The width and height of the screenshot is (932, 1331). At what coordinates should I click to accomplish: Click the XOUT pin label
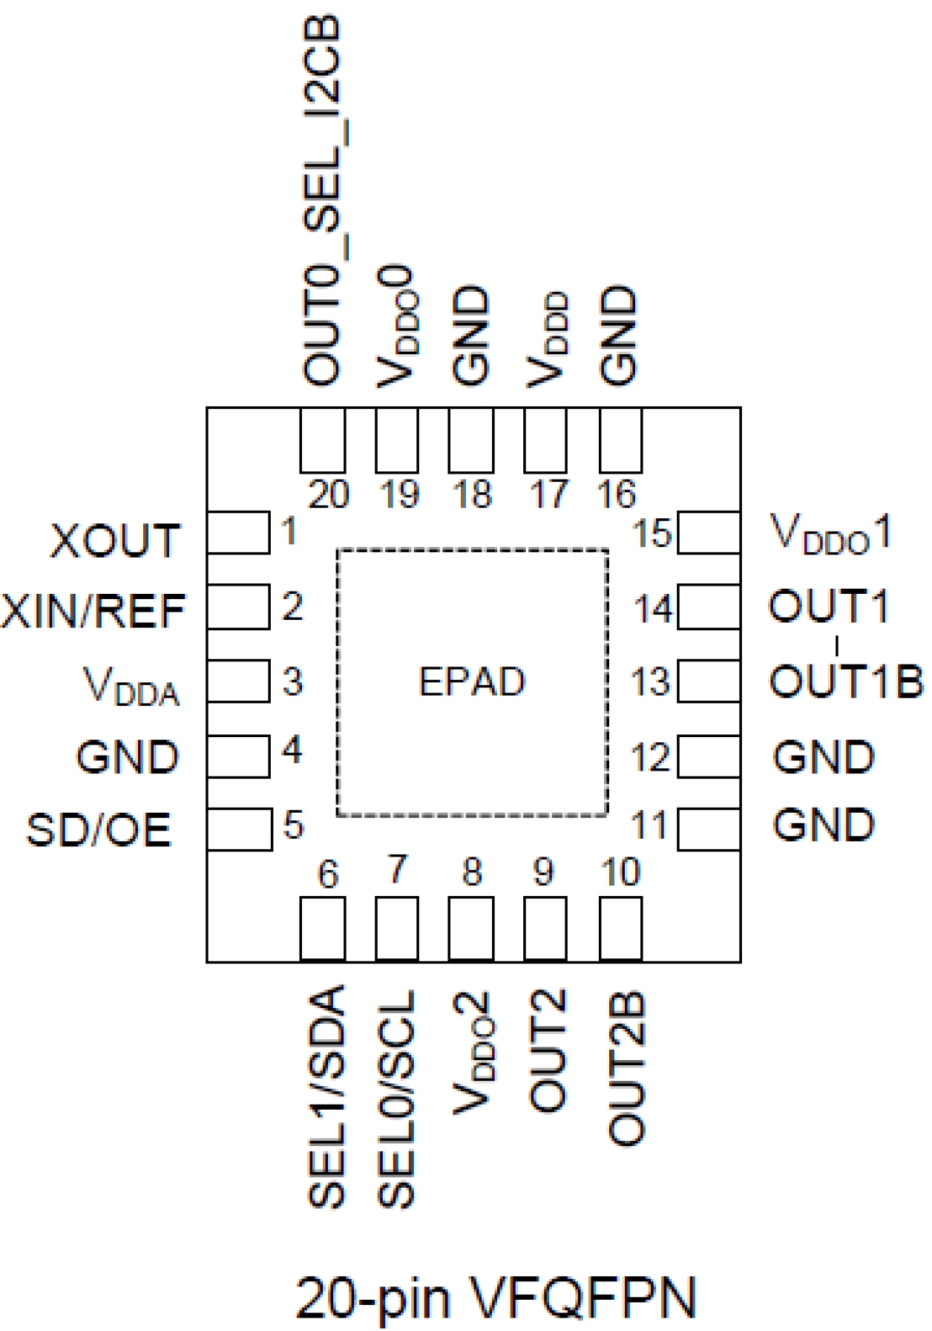click(x=115, y=540)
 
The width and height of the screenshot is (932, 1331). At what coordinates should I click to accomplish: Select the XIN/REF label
click(x=93, y=611)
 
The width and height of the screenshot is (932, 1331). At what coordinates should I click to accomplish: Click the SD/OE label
click(x=99, y=830)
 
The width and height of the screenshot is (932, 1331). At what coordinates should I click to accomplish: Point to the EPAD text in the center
click(x=472, y=681)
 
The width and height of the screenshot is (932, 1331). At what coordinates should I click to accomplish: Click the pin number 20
click(x=328, y=494)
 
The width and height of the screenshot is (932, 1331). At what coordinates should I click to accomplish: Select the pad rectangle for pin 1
click(x=238, y=532)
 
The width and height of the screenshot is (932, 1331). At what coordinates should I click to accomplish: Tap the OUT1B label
click(x=846, y=681)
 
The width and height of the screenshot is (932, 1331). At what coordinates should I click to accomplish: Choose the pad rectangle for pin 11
click(x=709, y=829)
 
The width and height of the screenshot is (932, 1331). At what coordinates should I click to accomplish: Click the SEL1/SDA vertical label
click(x=326, y=1097)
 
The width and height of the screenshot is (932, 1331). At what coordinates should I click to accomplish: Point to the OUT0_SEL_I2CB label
click(x=324, y=200)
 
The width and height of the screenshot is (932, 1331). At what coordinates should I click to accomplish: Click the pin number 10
click(x=620, y=872)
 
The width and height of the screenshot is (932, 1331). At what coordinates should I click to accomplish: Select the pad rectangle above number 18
click(x=471, y=440)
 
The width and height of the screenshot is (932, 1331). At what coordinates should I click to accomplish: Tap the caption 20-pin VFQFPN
click(x=496, y=1298)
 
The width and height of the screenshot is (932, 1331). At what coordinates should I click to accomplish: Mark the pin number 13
click(x=651, y=681)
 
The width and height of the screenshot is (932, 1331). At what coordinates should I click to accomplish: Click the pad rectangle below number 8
click(x=471, y=929)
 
